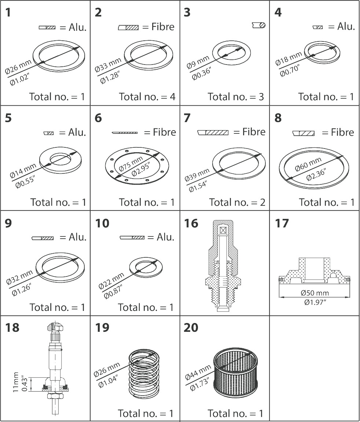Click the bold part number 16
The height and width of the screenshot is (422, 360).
click(x=191, y=223)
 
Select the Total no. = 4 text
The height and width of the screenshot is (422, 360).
click(x=147, y=97)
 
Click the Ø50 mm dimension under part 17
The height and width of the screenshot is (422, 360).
click(x=315, y=293)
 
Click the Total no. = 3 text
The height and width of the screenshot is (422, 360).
click(x=236, y=97)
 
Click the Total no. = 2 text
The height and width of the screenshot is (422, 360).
click(x=237, y=202)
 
